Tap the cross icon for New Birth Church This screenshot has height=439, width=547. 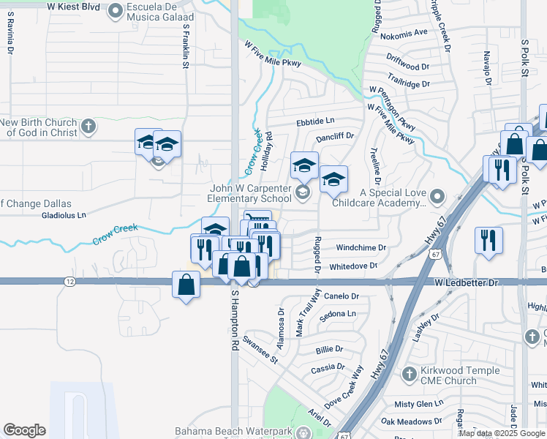pos(88,127)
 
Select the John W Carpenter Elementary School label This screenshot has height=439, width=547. pos(241,193)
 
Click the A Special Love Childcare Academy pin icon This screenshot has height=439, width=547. pos(437,196)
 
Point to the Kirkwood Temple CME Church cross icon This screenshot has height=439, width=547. pos(410,375)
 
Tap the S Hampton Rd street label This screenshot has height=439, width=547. pos(235,320)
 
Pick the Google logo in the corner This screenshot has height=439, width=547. pos(24,430)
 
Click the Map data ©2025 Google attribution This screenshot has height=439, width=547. pos(502,433)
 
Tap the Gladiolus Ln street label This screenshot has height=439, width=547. pos(64,215)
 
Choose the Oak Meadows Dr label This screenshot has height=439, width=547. pos(412,421)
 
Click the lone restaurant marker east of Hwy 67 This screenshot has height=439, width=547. pos(487,241)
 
